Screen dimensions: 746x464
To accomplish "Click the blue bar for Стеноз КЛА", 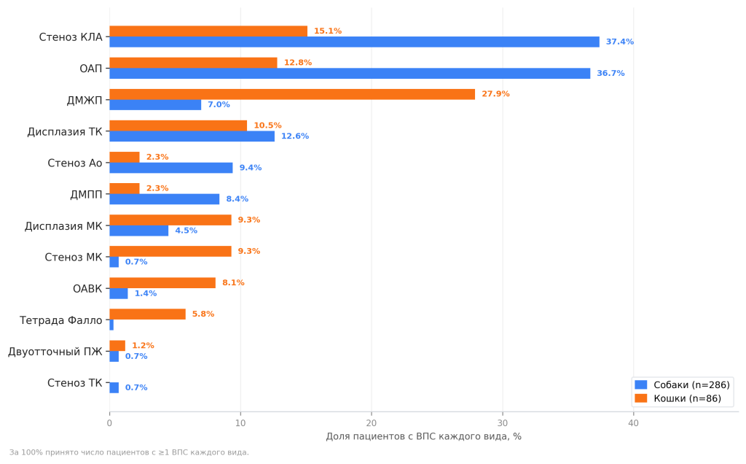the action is [355, 42].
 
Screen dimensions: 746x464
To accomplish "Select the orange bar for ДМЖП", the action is [292, 94].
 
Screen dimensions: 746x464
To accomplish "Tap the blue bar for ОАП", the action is [350, 74].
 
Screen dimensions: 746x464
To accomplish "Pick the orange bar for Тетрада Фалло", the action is [147, 314].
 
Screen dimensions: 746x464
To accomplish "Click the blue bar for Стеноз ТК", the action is [114, 388].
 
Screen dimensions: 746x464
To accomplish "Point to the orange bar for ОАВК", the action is [162, 283].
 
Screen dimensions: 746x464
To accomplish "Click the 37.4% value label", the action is [620, 42].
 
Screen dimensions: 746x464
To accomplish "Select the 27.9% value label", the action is [495, 94].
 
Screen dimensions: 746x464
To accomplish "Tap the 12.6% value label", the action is [295, 136].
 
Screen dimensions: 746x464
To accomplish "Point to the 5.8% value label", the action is [203, 314].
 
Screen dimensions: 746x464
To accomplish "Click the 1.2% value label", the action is [144, 346].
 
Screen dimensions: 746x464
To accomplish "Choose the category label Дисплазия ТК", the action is [65, 131].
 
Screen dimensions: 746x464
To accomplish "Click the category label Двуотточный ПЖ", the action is [55, 352].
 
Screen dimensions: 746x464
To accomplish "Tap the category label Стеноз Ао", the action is [75, 163].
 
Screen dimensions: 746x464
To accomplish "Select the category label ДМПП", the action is [86, 195].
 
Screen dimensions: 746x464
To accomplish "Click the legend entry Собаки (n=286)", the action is [682, 385].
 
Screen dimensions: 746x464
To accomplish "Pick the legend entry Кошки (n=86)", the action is [678, 399].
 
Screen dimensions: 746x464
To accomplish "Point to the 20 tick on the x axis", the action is [372, 423].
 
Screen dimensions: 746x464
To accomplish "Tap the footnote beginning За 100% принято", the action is [129, 452].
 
